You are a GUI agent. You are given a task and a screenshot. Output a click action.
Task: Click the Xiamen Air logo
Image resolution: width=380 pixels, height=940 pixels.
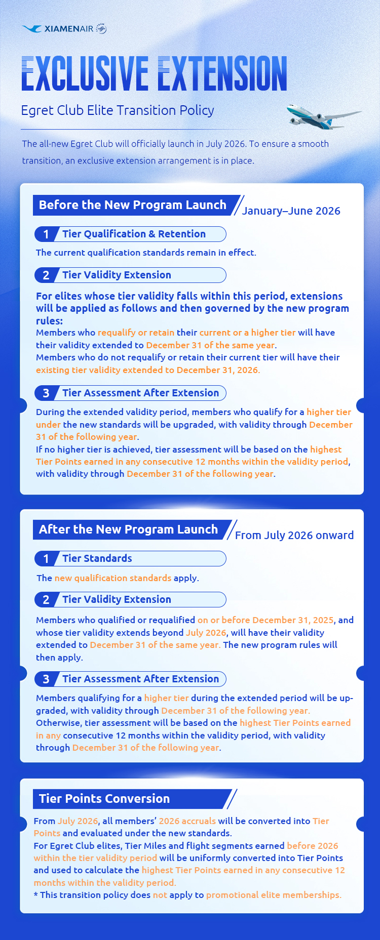pos(64,29)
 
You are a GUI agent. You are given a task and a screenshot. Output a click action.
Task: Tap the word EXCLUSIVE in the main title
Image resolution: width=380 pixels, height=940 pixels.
pos(85,73)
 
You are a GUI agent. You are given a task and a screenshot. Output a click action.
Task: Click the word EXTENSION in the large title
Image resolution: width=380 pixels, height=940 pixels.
pos(222,73)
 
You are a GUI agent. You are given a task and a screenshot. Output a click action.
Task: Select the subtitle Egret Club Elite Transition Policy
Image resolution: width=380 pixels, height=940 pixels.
pos(118,110)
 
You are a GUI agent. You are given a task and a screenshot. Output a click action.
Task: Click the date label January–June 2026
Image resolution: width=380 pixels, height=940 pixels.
pos(291,211)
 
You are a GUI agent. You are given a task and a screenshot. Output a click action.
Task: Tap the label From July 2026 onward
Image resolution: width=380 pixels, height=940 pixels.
pos(294,536)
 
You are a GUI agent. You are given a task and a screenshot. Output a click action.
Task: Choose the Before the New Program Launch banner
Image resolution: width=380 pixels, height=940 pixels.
pos(133,205)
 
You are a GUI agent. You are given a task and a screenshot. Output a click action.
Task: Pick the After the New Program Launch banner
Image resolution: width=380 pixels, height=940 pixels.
pos(129,529)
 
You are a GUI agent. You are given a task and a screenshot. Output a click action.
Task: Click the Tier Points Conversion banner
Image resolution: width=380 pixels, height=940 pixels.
pos(104,799)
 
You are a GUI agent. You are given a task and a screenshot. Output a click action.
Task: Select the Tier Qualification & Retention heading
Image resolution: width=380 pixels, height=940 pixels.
pos(134,234)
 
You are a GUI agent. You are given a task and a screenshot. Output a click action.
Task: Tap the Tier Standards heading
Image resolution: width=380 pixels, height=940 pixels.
pos(97,558)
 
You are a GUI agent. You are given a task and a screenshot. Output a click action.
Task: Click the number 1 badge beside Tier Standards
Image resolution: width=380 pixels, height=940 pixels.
pos(46,559)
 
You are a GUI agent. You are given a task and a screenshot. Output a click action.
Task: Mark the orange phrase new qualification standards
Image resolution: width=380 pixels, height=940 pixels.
pos(112,578)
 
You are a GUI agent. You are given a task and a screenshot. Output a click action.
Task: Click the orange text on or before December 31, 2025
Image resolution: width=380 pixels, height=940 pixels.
pos(265,620)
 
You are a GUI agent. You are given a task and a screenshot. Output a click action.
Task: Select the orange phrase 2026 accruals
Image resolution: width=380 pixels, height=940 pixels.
pos(187,821)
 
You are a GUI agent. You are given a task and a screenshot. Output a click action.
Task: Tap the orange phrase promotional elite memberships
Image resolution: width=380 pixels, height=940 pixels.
pos(274,895)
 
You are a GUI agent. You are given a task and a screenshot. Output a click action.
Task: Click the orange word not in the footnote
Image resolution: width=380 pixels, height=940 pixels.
pos(160,895)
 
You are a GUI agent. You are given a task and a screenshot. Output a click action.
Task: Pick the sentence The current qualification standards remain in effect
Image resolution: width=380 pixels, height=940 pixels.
pos(146,253)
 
